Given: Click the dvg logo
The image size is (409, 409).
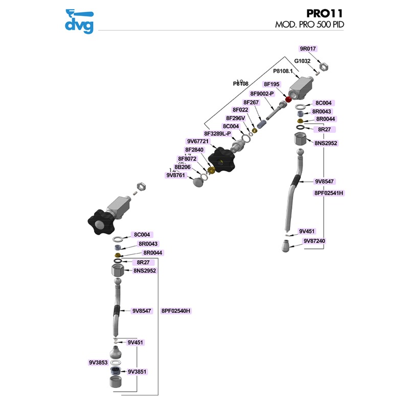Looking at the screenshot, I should pos(79,21).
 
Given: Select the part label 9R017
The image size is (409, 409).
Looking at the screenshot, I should pos(308,49).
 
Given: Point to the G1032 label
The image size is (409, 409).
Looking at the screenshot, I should pos(302,61).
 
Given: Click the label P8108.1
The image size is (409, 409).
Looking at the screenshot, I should pos(283,71).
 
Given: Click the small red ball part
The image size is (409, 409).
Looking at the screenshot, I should pos(288,99).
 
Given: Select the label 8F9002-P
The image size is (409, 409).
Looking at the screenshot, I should pos(262,94).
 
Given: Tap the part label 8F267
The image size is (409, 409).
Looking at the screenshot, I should pos(252,102).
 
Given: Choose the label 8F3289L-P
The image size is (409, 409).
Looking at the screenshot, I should pos(218,133).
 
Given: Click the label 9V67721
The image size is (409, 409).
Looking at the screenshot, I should pos(199,142).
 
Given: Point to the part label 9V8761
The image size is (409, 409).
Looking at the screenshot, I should pos(176,175).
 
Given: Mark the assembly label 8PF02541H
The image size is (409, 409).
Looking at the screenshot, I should pos(329,193).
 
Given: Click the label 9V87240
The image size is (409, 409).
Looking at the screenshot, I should pos(314,241).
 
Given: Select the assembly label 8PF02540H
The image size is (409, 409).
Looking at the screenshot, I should pos(179,310).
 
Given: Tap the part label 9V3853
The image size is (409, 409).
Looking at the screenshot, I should pos(98,362).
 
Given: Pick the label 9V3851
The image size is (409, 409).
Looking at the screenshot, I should pos(137,372).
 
